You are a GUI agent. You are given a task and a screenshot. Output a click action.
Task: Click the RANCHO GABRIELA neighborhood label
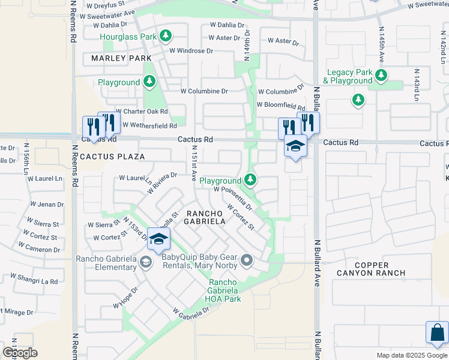(x=205, y=217)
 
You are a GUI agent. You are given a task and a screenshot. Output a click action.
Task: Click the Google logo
(x=19, y=353)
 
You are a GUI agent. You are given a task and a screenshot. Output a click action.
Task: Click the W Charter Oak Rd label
(x=142, y=112)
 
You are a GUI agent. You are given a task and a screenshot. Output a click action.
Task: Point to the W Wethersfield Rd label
(x=150, y=126)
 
